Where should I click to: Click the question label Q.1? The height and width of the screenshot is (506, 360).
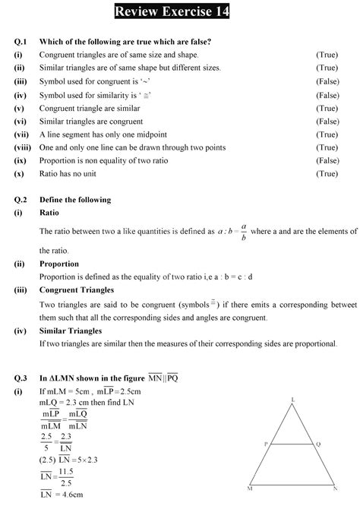[21, 41]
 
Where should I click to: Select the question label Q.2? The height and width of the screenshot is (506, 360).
[21, 200]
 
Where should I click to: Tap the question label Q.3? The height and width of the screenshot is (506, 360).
[21, 378]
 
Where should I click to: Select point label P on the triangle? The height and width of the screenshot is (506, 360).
[265, 443]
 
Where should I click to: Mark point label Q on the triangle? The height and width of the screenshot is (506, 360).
[319, 443]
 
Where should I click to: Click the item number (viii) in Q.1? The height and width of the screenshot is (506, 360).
[22, 147]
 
